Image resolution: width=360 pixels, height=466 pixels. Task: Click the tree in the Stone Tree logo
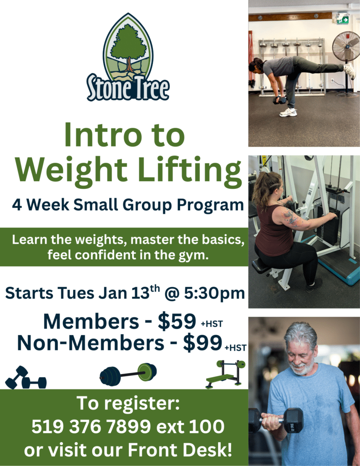[x=128, y=47]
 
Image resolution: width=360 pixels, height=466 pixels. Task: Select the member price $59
[x=177, y=321]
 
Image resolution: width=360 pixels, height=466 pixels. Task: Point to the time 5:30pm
[x=214, y=294]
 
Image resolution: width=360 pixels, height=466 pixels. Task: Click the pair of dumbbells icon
[x=26, y=377]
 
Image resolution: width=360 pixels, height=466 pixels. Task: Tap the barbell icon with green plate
[x=128, y=375]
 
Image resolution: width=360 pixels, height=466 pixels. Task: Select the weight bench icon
[x=226, y=374]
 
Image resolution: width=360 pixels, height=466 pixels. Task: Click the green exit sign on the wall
[x=343, y=19]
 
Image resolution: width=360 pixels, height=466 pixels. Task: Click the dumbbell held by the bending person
[x=279, y=100]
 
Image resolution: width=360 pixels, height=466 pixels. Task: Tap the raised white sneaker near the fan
[x=350, y=71]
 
